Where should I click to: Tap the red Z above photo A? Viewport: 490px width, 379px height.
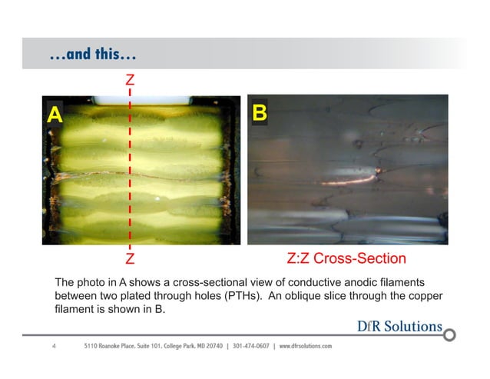click(131, 80)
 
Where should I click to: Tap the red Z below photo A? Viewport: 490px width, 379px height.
click(131, 257)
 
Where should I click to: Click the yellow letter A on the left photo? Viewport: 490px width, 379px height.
click(54, 115)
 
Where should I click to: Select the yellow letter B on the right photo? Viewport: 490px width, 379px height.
click(260, 114)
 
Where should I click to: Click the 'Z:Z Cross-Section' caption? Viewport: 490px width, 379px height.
click(346, 258)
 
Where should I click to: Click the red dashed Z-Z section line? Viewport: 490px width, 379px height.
click(131, 169)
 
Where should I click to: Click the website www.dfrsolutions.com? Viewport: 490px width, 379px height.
click(306, 347)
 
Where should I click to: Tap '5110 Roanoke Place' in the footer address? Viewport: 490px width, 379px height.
click(111, 347)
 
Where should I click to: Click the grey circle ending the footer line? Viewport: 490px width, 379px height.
click(450, 335)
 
